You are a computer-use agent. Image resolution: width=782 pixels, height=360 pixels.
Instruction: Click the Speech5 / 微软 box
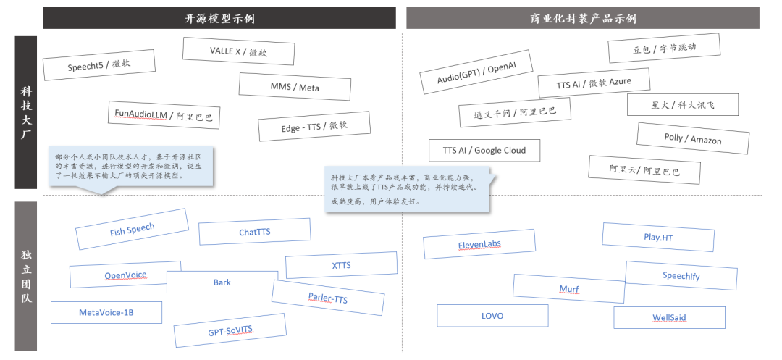[100, 65]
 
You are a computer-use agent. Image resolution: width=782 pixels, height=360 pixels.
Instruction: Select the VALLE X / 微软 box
[238, 51]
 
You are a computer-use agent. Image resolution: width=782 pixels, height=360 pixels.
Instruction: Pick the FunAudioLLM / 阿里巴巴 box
[164, 114]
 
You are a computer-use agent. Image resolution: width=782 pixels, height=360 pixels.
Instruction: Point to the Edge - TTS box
[314, 127]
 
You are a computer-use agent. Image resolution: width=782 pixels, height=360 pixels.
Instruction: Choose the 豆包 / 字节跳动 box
[664, 49]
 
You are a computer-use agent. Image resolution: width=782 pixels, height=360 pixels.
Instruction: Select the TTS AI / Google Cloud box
[484, 150]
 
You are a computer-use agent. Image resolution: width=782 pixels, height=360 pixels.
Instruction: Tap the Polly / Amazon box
[692, 138]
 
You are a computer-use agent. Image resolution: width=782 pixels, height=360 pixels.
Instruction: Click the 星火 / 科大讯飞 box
[683, 104]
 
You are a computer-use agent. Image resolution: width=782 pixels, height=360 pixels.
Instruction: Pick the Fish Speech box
[132, 230]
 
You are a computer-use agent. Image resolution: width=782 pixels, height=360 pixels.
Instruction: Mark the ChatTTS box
[254, 233]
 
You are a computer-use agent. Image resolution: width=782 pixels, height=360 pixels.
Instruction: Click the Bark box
[222, 282]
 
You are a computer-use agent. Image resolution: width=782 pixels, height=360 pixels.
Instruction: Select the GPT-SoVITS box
[230, 332]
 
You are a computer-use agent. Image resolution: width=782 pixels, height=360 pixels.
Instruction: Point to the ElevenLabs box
[479, 245]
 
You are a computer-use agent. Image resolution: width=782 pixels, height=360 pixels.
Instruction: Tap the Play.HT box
[658, 237]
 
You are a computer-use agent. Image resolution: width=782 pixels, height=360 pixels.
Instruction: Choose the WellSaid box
[669, 317]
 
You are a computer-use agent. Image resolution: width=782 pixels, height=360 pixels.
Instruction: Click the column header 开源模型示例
[220, 18]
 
